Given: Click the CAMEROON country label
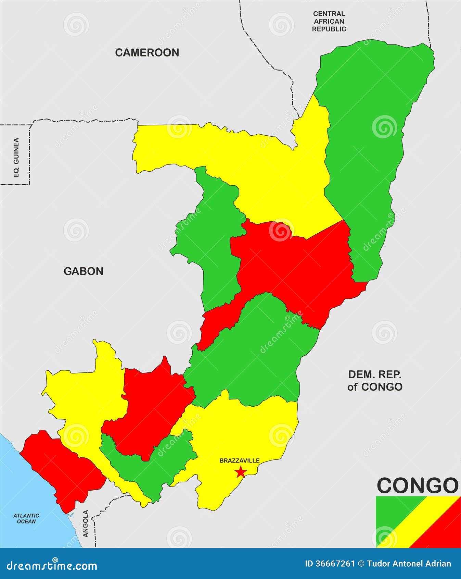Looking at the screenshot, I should click(147, 52).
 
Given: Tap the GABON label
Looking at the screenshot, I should click(83, 271).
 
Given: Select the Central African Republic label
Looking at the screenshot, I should click(329, 21).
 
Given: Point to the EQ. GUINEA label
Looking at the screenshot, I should click(16, 157).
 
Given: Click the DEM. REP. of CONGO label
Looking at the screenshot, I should click(375, 381).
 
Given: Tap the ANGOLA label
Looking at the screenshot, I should click(86, 523).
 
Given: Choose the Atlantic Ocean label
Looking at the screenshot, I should click(26, 518).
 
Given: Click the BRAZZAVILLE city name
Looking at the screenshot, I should click(240, 460).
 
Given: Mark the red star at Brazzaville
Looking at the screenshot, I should click(241, 472).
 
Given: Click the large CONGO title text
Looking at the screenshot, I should click(418, 485).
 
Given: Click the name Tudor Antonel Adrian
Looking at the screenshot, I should click(409, 564).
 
